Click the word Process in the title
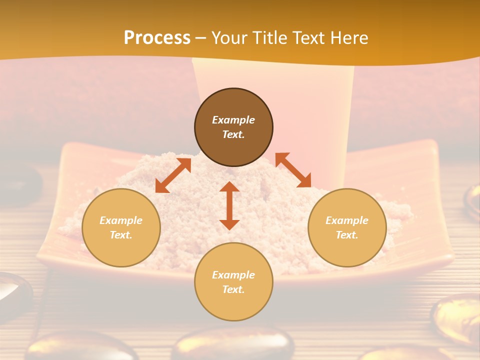[x=157, y=38]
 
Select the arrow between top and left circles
[x=173, y=175]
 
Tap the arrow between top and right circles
[x=293, y=170]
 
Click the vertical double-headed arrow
[x=229, y=205]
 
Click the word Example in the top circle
[x=233, y=120]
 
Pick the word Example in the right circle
[x=347, y=220]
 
